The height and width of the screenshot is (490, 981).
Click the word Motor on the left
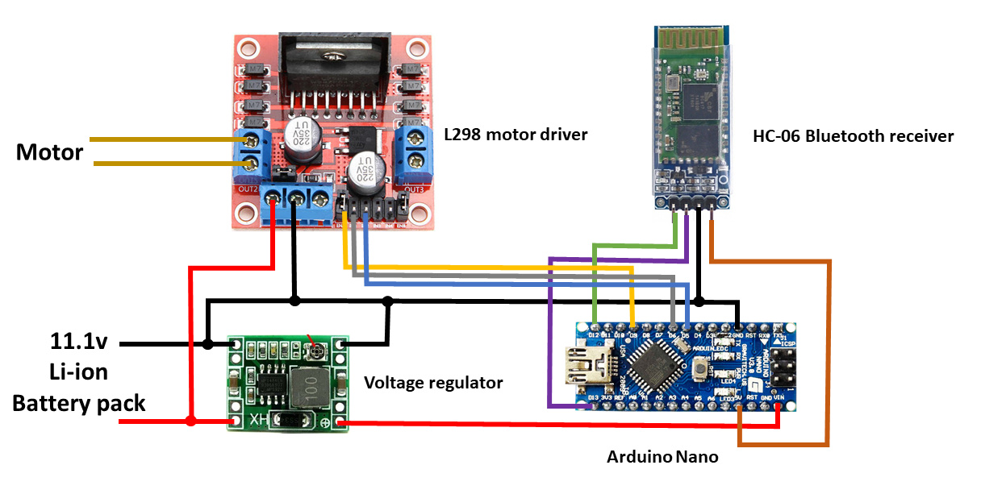(49, 152)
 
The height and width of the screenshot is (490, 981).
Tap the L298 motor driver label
(516, 134)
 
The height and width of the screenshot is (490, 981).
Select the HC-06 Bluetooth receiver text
(853, 135)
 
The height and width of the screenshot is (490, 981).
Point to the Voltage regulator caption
(433, 382)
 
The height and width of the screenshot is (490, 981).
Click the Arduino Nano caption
(662, 457)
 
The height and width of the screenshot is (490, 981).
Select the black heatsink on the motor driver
(333, 64)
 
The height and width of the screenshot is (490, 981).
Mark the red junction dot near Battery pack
(190, 421)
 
